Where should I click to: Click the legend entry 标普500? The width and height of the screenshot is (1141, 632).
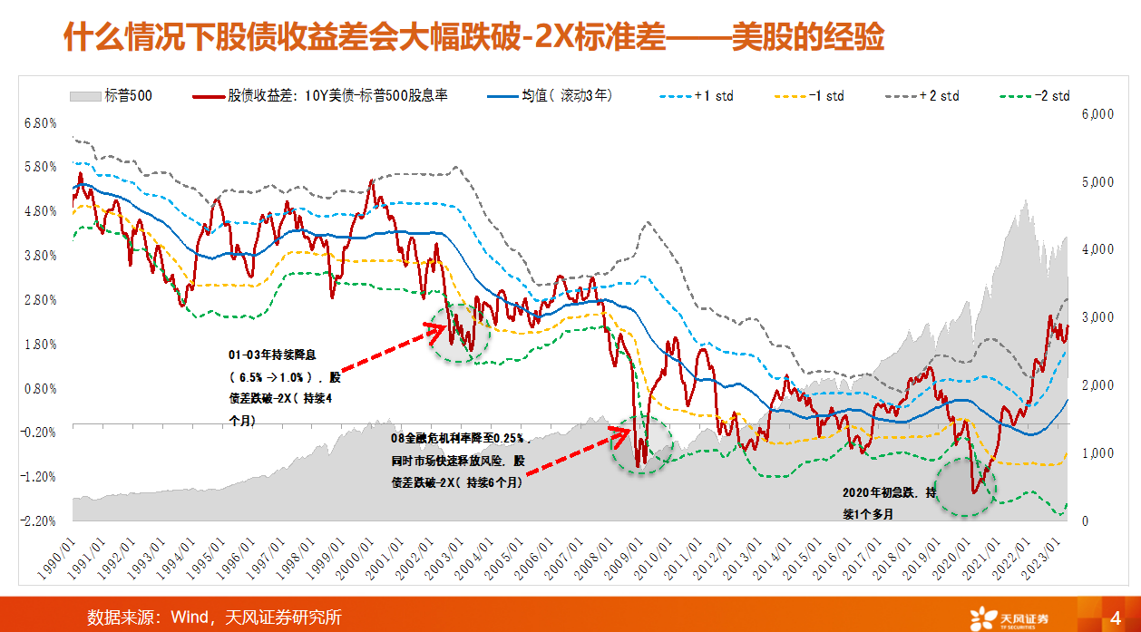point(122,95)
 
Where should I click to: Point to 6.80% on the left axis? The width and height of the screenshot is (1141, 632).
point(39,123)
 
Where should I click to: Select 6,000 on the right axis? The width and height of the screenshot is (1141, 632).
point(1099,114)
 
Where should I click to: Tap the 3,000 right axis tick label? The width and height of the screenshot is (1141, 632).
point(1099,317)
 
